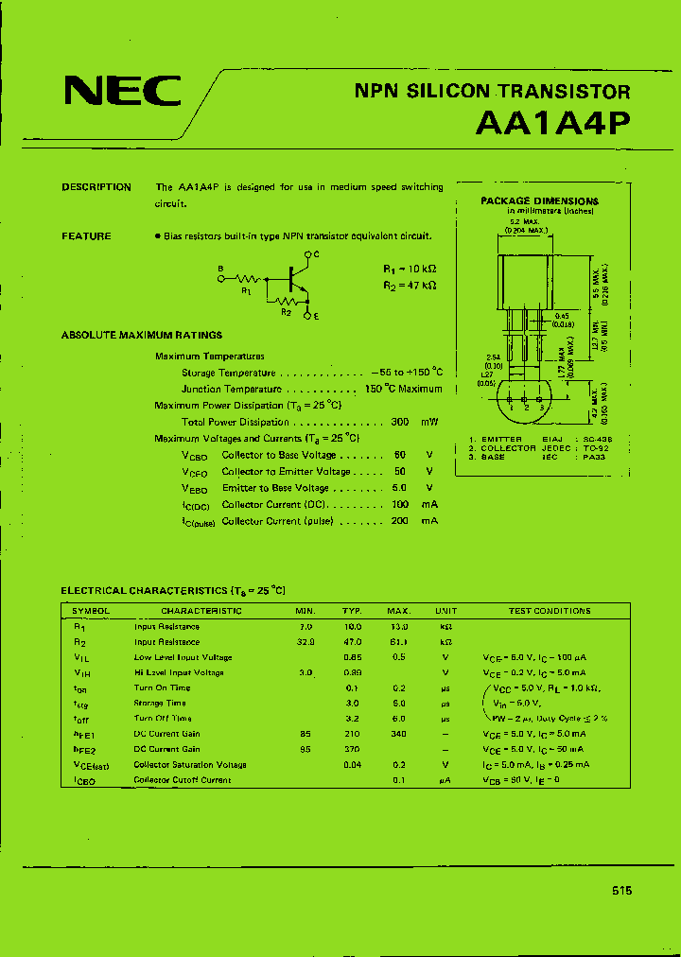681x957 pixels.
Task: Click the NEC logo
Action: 122,92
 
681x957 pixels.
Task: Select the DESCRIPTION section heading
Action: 96,187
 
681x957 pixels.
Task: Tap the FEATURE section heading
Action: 86,236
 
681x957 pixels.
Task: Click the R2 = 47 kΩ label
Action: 410,285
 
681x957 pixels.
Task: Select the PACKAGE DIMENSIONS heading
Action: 539,201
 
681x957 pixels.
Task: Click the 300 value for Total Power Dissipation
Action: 400,423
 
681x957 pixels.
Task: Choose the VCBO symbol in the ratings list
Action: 194,456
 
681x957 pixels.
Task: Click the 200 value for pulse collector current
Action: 400,521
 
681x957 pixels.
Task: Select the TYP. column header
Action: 352,611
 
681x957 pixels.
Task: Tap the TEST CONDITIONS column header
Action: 550,611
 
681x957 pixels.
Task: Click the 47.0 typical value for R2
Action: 352,642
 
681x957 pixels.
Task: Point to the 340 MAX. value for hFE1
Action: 399,734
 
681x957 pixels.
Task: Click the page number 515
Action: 621,891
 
